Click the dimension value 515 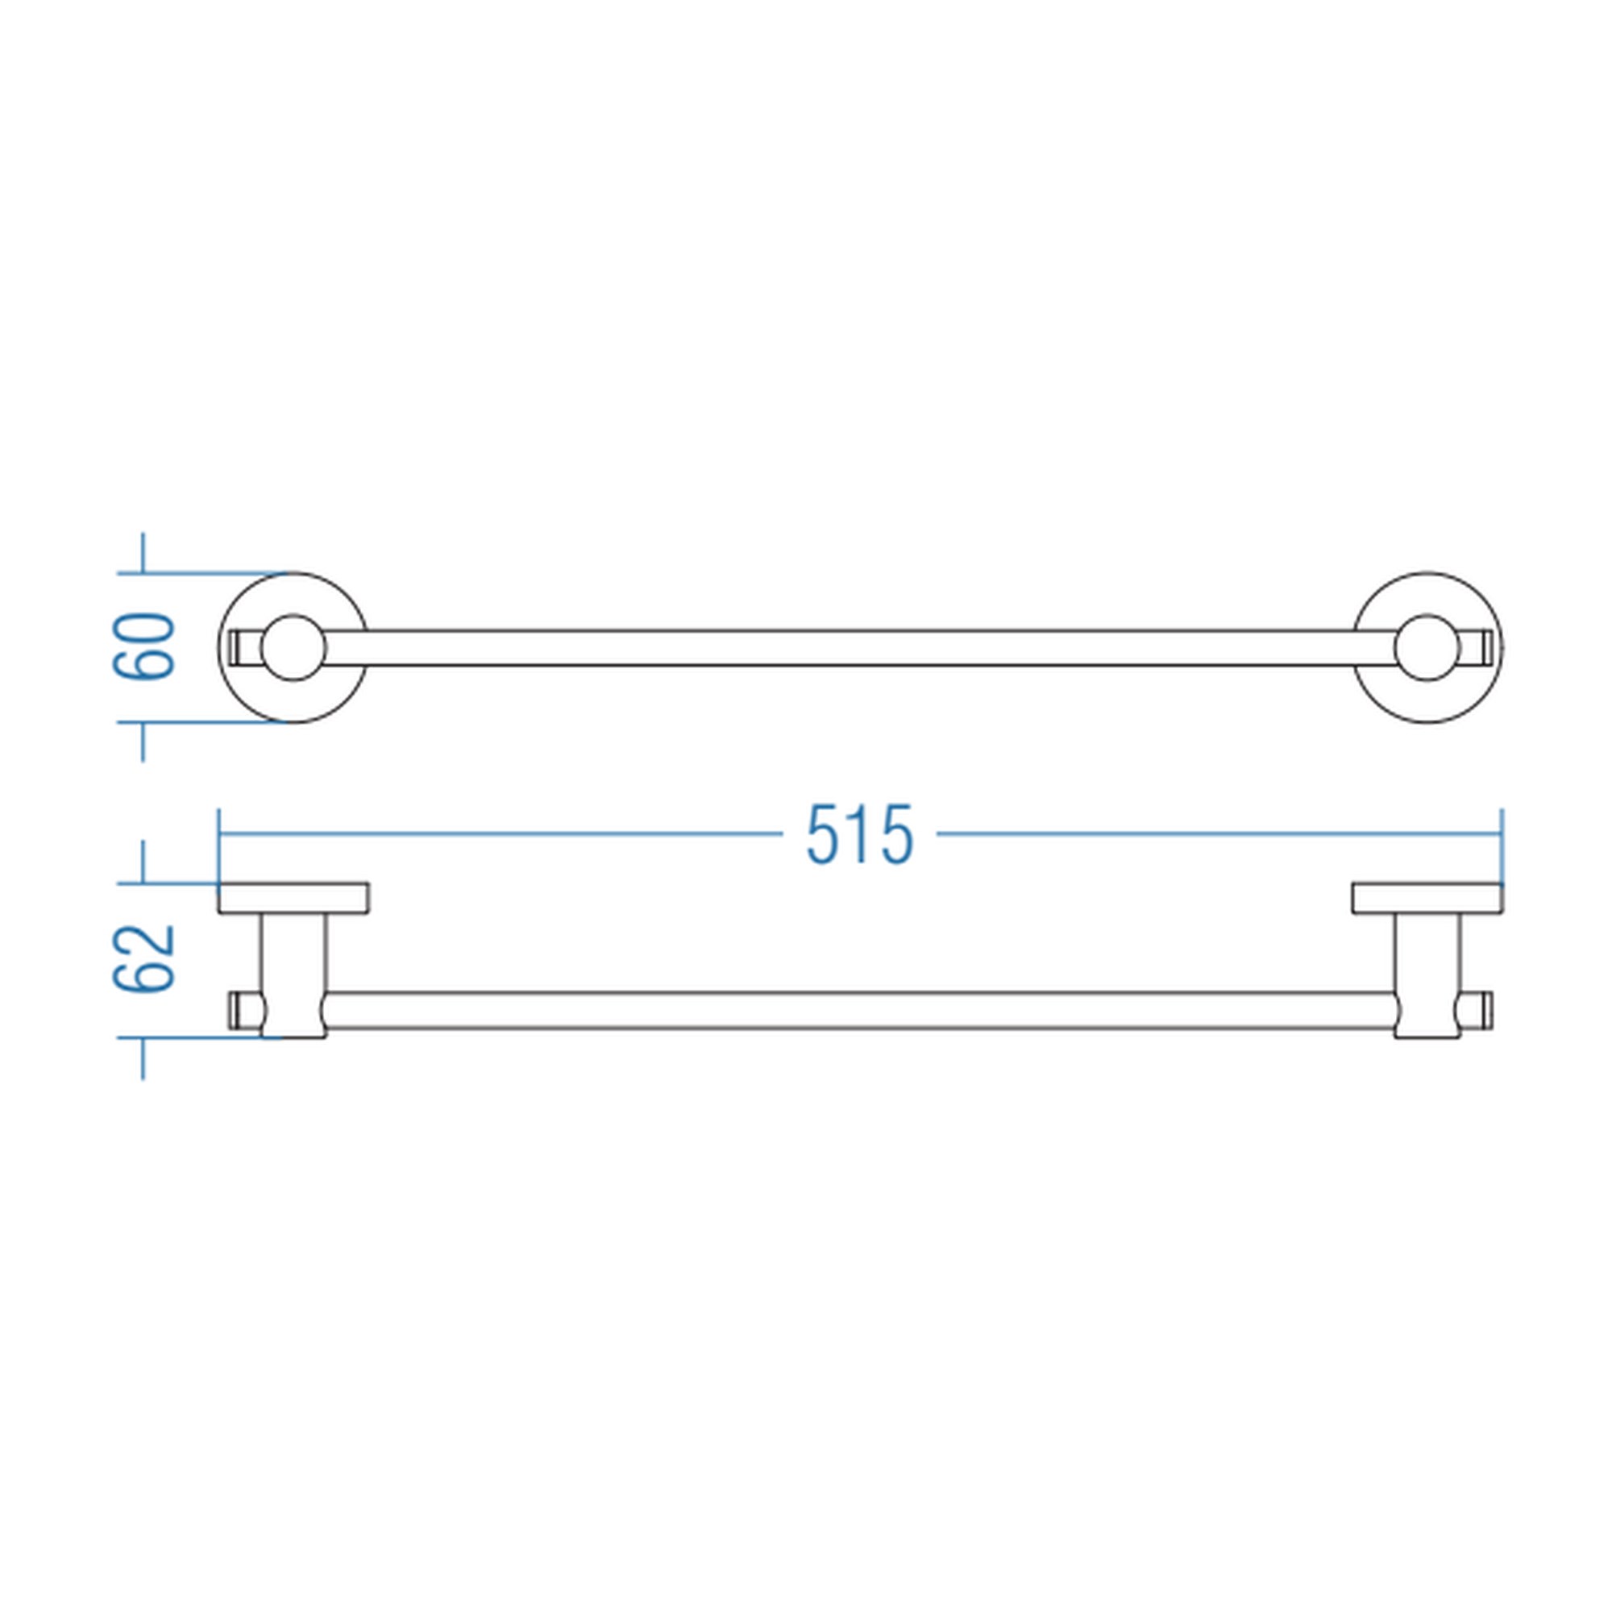point(860,834)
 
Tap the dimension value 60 point(143,647)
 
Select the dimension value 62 point(143,959)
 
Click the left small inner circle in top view point(293,647)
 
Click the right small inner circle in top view point(1427,647)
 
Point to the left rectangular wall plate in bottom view point(293,898)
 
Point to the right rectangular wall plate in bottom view point(1427,898)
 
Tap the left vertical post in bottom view point(293,975)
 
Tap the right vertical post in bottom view point(1427,975)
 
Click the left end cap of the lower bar point(243,1011)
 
